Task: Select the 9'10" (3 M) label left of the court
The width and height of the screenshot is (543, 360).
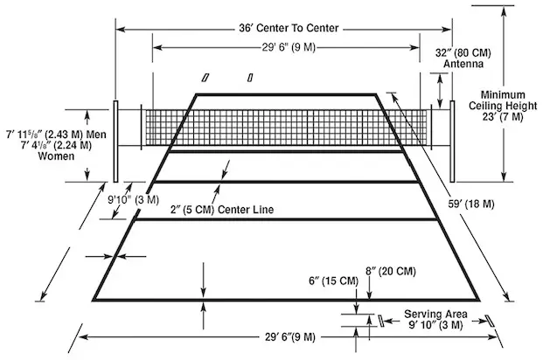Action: (135, 199)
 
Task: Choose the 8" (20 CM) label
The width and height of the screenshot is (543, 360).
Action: (391, 271)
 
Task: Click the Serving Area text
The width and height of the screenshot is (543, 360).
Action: (435, 314)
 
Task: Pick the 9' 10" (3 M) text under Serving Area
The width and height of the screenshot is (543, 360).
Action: (434, 325)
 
